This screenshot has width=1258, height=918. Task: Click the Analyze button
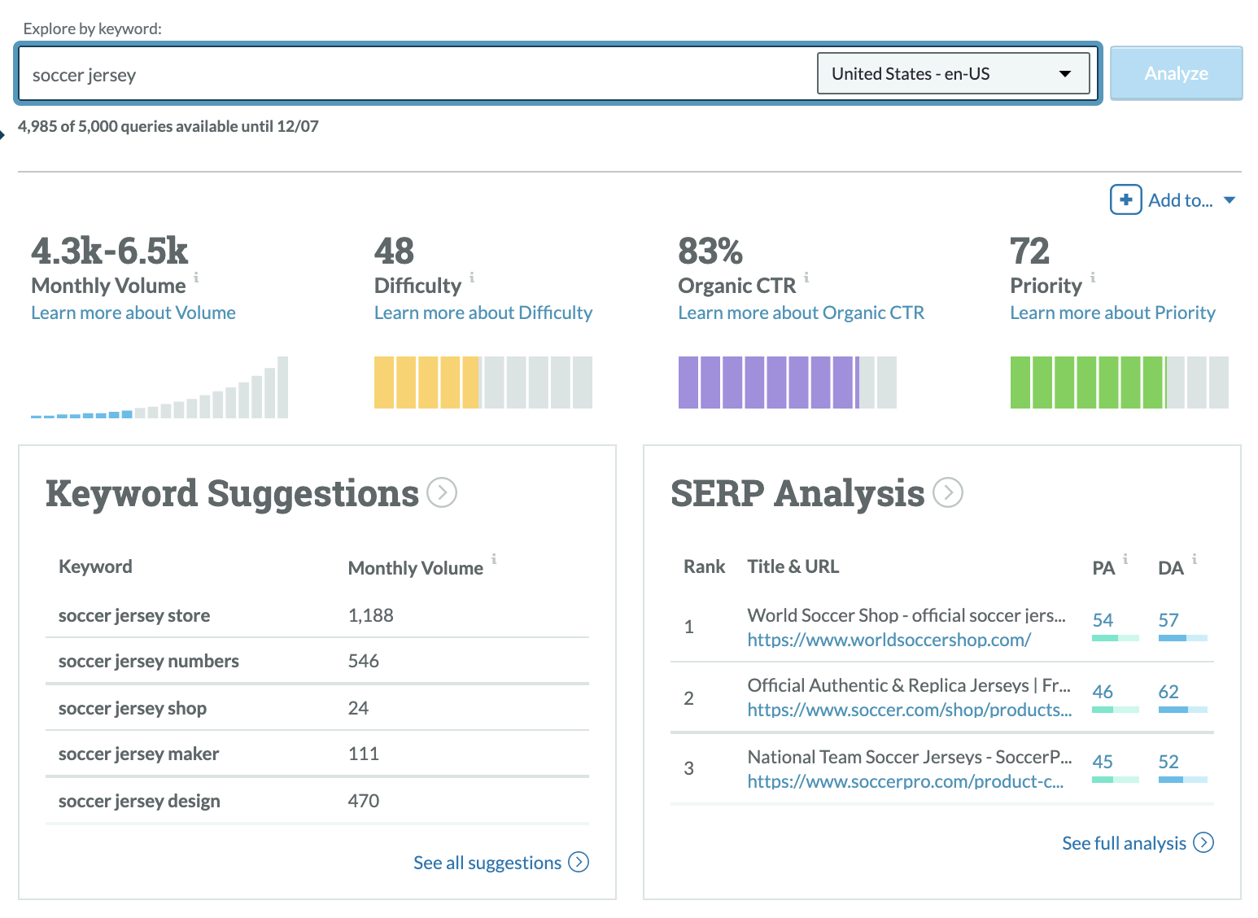click(x=1176, y=73)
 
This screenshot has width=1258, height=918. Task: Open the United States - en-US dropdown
click(x=952, y=74)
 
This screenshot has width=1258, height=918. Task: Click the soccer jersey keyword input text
click(x=84, y=76)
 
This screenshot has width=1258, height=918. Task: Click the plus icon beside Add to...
click(x=1125, y=199)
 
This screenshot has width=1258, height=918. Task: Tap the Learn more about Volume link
click(x=133, y=313)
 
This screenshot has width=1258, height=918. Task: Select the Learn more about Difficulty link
click(x=483, y=313)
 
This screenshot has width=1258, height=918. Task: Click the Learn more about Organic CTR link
click(x=801, y=313)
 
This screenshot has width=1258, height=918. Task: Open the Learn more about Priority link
click(x=1112, y=313)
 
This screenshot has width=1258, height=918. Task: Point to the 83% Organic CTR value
click(x=710, y=251)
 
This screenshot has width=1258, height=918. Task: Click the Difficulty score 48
click(x=394, y=251)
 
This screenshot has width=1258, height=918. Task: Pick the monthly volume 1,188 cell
click(x=370, y=616)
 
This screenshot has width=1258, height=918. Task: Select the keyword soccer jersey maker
click(x=138, y=754)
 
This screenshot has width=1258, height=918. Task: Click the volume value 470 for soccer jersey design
click(x=364, y=801)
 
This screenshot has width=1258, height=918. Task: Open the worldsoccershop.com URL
click(x=889, y=640)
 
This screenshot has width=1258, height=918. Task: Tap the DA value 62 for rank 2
click(x=1168, y=692)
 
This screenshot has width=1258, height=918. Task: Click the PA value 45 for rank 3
click(x=1103, y=762)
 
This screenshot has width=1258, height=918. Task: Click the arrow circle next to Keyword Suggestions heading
click(x=442, y=492)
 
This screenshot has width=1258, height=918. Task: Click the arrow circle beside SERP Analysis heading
click(x=947, y=492)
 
